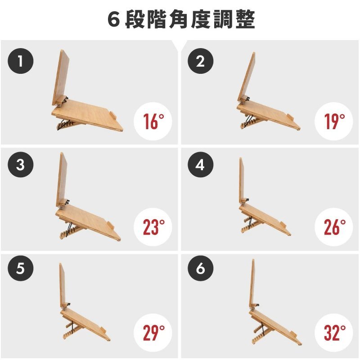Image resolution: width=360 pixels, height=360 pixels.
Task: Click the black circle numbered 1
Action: pyautogui.click(x=21, y=61)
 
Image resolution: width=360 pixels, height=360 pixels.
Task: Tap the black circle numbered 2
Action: pyautogui.click(x=200, y=61)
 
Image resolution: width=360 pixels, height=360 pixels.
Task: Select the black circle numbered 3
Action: pyautogui.click(x=21, y=164)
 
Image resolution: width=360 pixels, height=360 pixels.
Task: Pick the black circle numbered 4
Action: pyautogui.click(x=200, y=164)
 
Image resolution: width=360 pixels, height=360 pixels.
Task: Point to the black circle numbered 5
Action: pyautogui.click(x=21, y=268)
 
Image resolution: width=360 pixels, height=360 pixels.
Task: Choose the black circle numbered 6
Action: pyautogui.click(x=200, y=268)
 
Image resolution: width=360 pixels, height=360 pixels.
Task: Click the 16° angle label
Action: pyautogui.click(x=153, y=121)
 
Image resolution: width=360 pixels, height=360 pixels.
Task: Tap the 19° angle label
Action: pyautogui.click(x=334, y=121)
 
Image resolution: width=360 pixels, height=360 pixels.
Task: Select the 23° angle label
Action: pyautogui.click(x=154, y=227)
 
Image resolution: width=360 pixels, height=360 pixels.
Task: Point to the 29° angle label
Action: pyautogui.click(x=154, y=333)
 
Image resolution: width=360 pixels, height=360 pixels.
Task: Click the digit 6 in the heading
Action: pyautogui.click(x=114, y=19)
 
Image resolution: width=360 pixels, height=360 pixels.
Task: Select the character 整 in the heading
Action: pyautogui.click(x=245, y=19)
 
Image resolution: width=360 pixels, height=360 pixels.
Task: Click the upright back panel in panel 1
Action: pyautogui.click(x=61, y=77)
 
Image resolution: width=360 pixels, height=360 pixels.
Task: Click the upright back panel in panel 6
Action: pyautogui.click(x=252, y=283)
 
